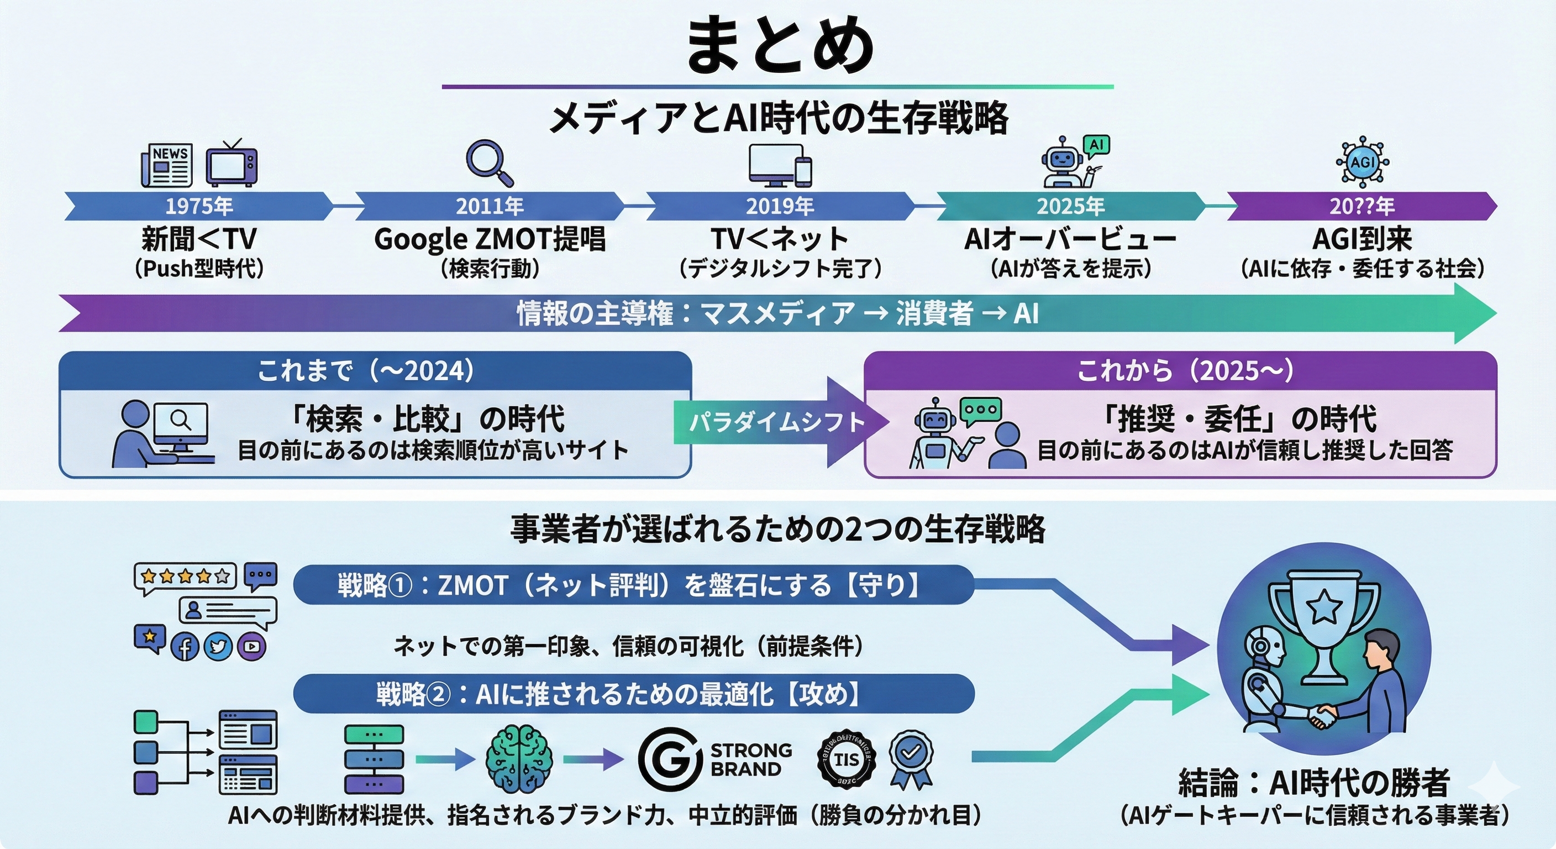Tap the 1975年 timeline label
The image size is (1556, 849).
coord(199,207)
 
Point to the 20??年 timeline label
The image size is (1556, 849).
coord(1362,207)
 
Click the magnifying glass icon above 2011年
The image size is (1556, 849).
coord(488,163)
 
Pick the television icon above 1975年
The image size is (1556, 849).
coord(232,164)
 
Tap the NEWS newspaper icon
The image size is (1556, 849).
coord(167,165)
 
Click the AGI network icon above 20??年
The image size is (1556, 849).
coord(1362,162)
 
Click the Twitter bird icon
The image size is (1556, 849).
coord(218,647)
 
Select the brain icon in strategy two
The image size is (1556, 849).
coord(519,759)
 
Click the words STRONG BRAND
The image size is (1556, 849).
coord(751,759)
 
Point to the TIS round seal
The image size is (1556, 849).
coord(847,759)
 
